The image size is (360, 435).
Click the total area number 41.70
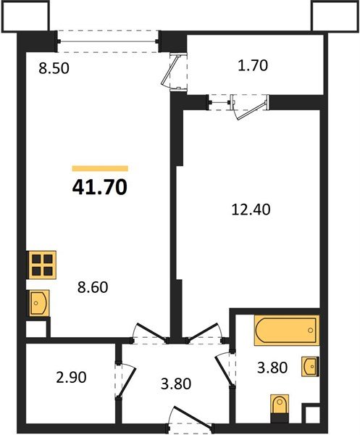100,188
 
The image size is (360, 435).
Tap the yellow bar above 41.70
100,168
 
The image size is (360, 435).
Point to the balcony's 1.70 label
253,66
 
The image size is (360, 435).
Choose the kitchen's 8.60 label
93,287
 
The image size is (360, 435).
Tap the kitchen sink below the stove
38,301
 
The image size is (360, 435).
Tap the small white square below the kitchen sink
34,326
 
